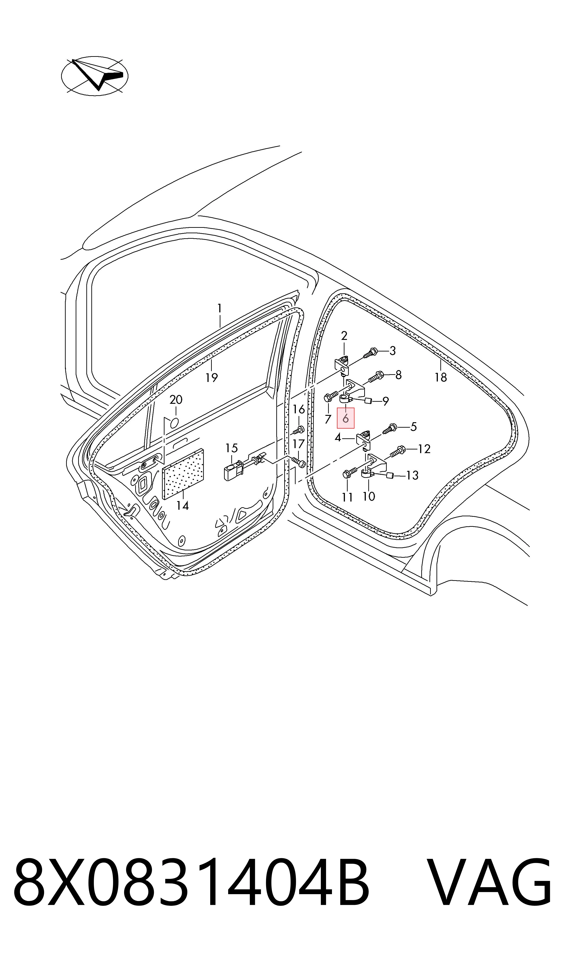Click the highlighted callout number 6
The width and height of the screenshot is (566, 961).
pos(346,419)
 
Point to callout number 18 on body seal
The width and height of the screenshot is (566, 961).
pos(441,377)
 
